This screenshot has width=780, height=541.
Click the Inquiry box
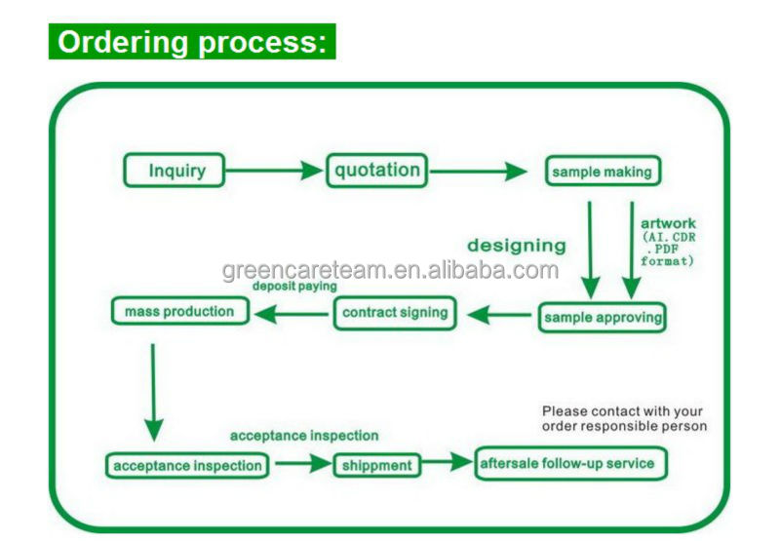pyautogui.click(x=177, y=171)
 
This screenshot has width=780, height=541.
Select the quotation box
pyautogui.click(x=377, y=171)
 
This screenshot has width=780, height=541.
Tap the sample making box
pyautogui.click(x=601, y=173)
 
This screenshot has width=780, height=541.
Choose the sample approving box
pyautogui.click(x=603, y=317)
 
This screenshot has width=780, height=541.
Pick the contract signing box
pyautogui.click(x=395, y=313)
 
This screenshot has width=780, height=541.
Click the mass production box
pyautogui.click(x=179, y=312)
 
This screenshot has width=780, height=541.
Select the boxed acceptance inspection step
pyautogui.click(x=187, y=465)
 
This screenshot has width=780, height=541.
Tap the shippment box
pyautogui.click(x=377, y=465)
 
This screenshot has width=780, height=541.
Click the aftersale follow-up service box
pyautogui.click(x=571, y=463)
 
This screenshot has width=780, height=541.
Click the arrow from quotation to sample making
pyautogui.click(x=478, y=173)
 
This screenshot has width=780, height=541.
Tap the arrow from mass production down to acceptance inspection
pyautogui.click(x=153, y=390)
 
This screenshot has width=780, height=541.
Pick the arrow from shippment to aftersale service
pyautogui.click(x=445, y=464)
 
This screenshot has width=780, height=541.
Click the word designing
pyautogui.click(x=516, y=246)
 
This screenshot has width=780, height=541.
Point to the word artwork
pyautogui.click(x=668, y=224)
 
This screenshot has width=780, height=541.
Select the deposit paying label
pyautogui.click(x=294, y=287)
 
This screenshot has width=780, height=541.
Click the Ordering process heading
pyautogui.click(x=192, y=42)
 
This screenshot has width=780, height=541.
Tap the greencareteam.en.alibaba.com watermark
pyautogui.click(x=390, y=270)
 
